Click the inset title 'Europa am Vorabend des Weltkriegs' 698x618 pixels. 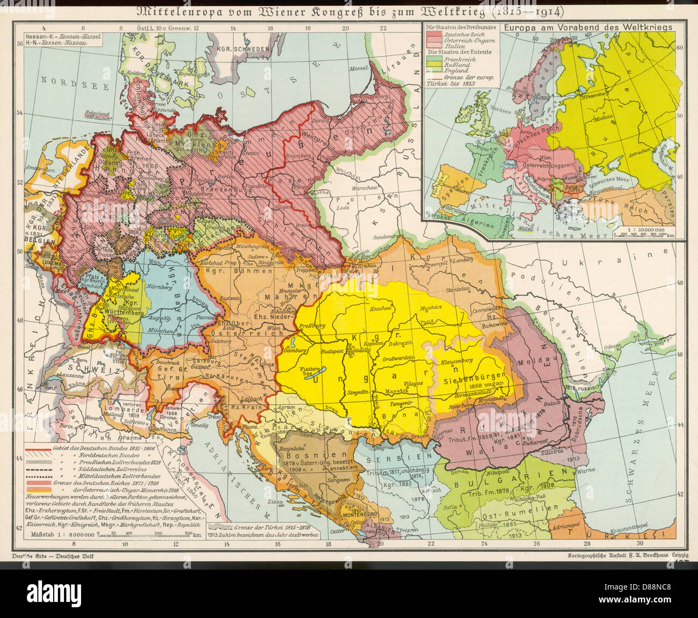click(x=585, y=26)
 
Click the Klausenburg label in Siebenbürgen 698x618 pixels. click(x=456, y=361)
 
